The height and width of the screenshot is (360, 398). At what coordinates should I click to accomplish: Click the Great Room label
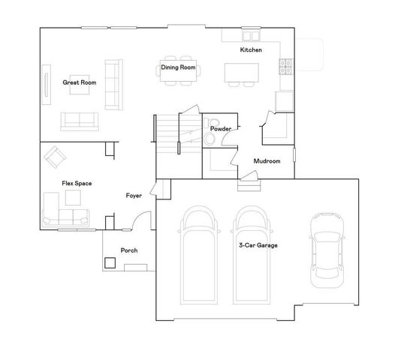pyautogui.click(x=78, y=82)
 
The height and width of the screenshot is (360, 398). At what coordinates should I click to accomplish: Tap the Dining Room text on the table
pyautogui.click(x=178, y=67)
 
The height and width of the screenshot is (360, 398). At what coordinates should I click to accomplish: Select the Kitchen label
pyautogui.click(x=250, y=49)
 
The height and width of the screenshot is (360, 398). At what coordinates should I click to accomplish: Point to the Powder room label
pyautogui.click(x=220, y=129)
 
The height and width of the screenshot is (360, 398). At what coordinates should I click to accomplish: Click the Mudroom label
pyautogui.click(x=267, y=161)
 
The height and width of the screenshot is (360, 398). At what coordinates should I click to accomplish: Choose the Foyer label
pyautogui.click(x=134, y=196)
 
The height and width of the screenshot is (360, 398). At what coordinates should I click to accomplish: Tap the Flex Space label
pyautogui.click(x=77, y=183)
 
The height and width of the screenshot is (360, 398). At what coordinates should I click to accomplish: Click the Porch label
pyautogui.click(x=129, y=250)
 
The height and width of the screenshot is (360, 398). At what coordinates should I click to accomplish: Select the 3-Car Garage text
pyautogui.click(x=253, y=245)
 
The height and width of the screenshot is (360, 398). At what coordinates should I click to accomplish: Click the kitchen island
pyautogui.click(x=241, y=72)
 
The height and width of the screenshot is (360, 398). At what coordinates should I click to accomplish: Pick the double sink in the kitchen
pyautogui.click(x=231, y=36)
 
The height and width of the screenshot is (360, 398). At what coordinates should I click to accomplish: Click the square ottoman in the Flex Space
pyautogui.click(x=73, y=198)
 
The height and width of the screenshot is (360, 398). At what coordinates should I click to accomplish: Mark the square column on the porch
pyautogui.click(x=110, y=263)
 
